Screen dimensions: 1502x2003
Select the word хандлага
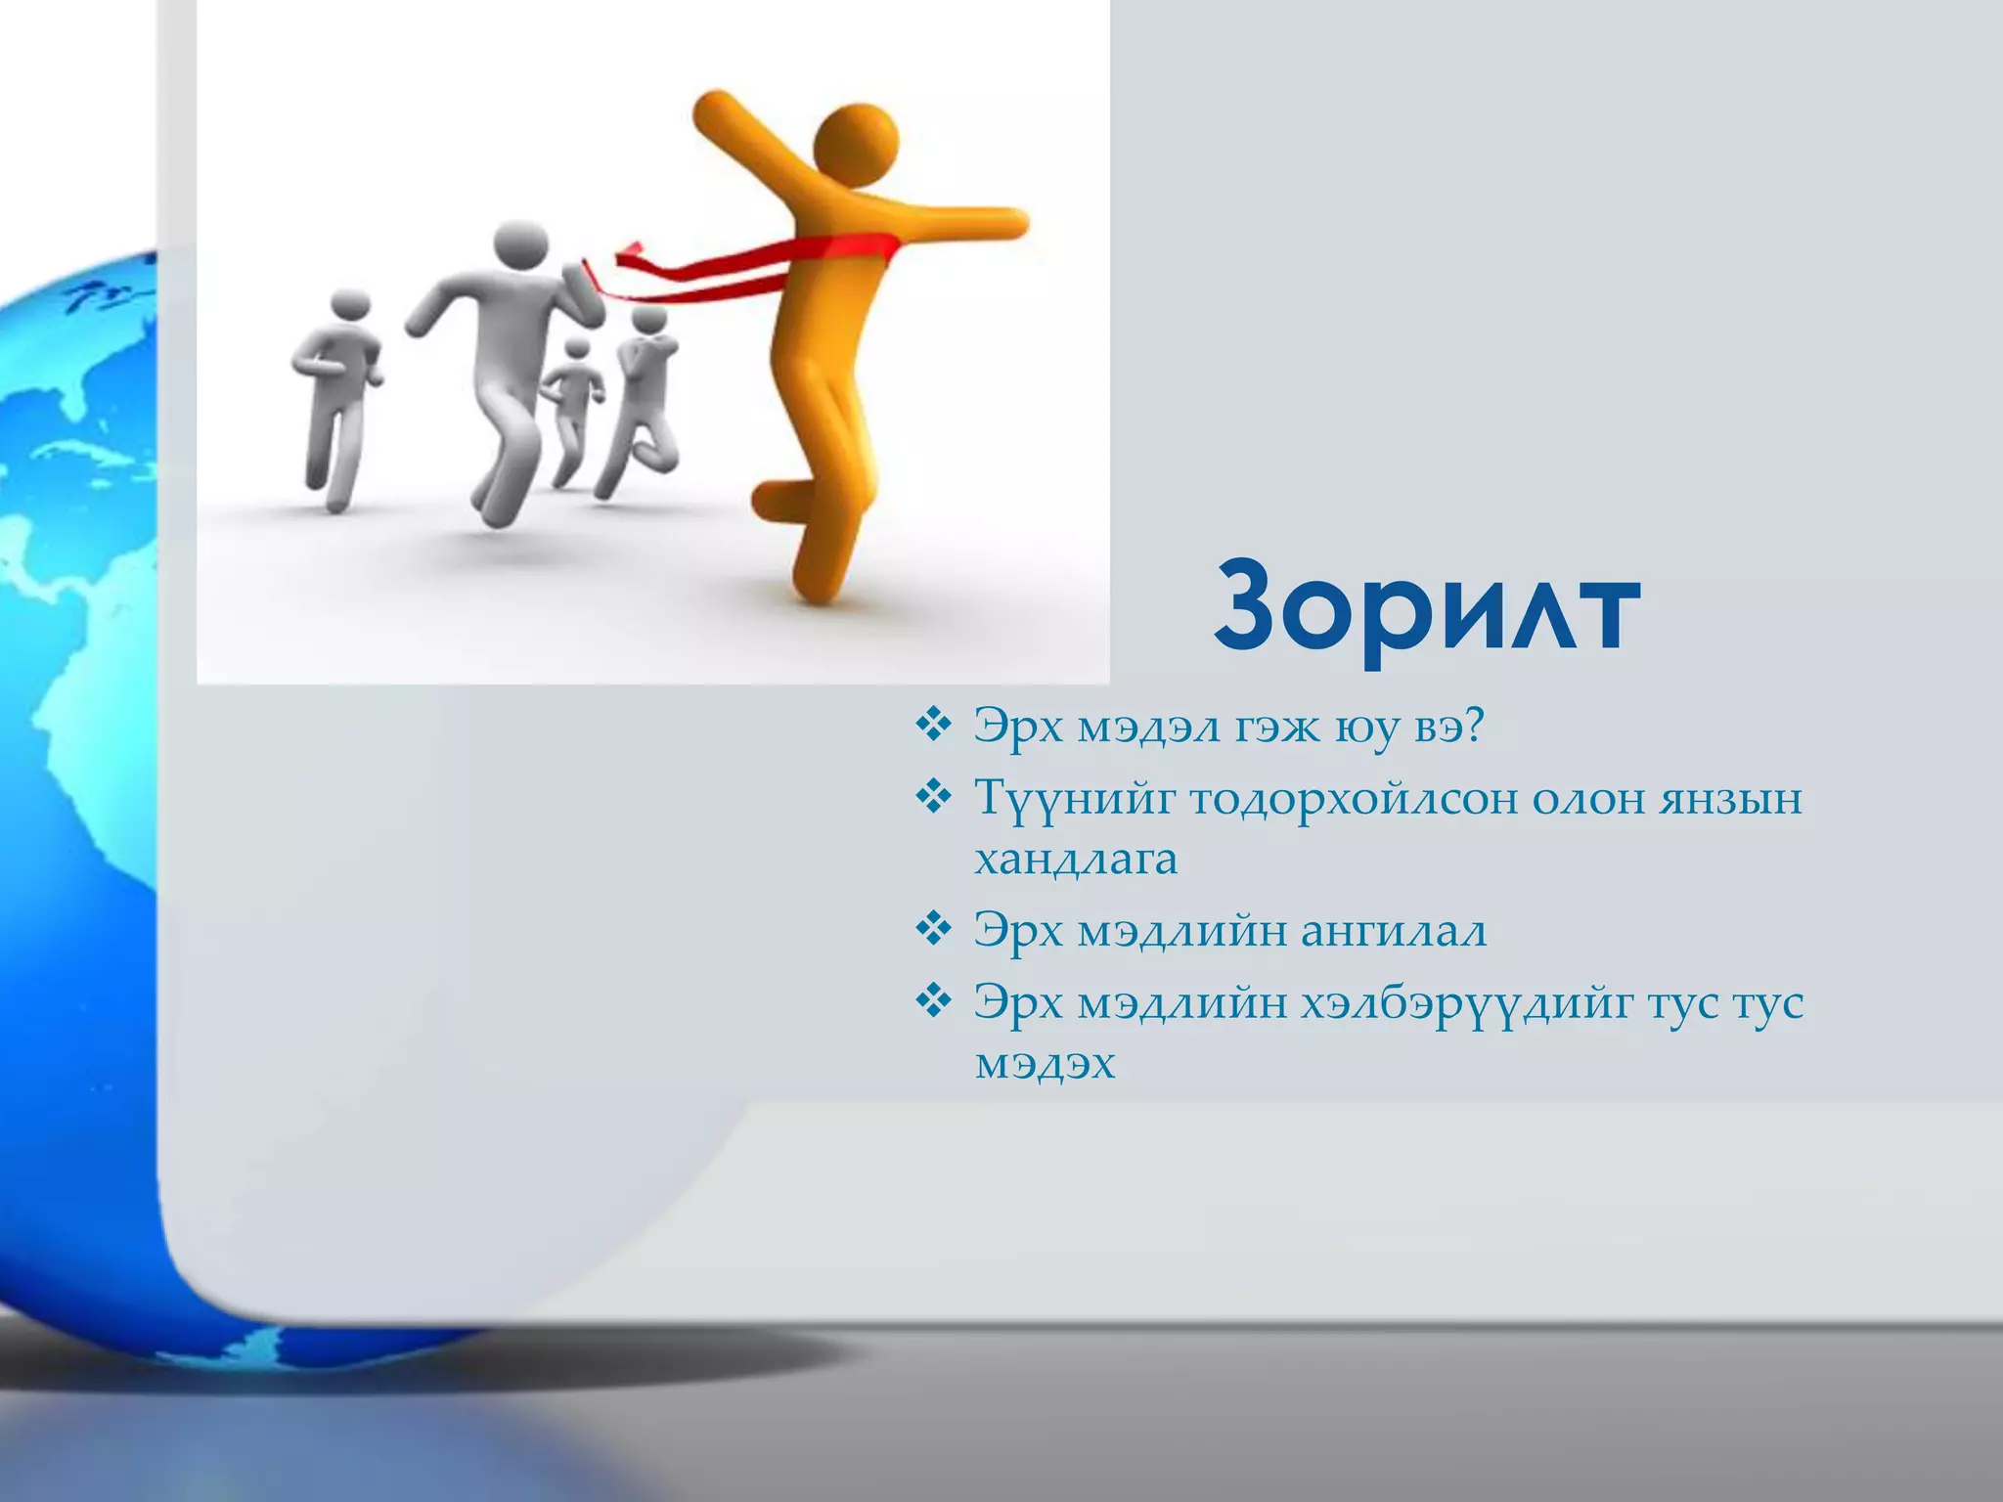(x=1076, y=861)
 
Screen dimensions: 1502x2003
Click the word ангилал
(x=1394, y=930)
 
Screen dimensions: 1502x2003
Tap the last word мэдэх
(x=1045, y=1064)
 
